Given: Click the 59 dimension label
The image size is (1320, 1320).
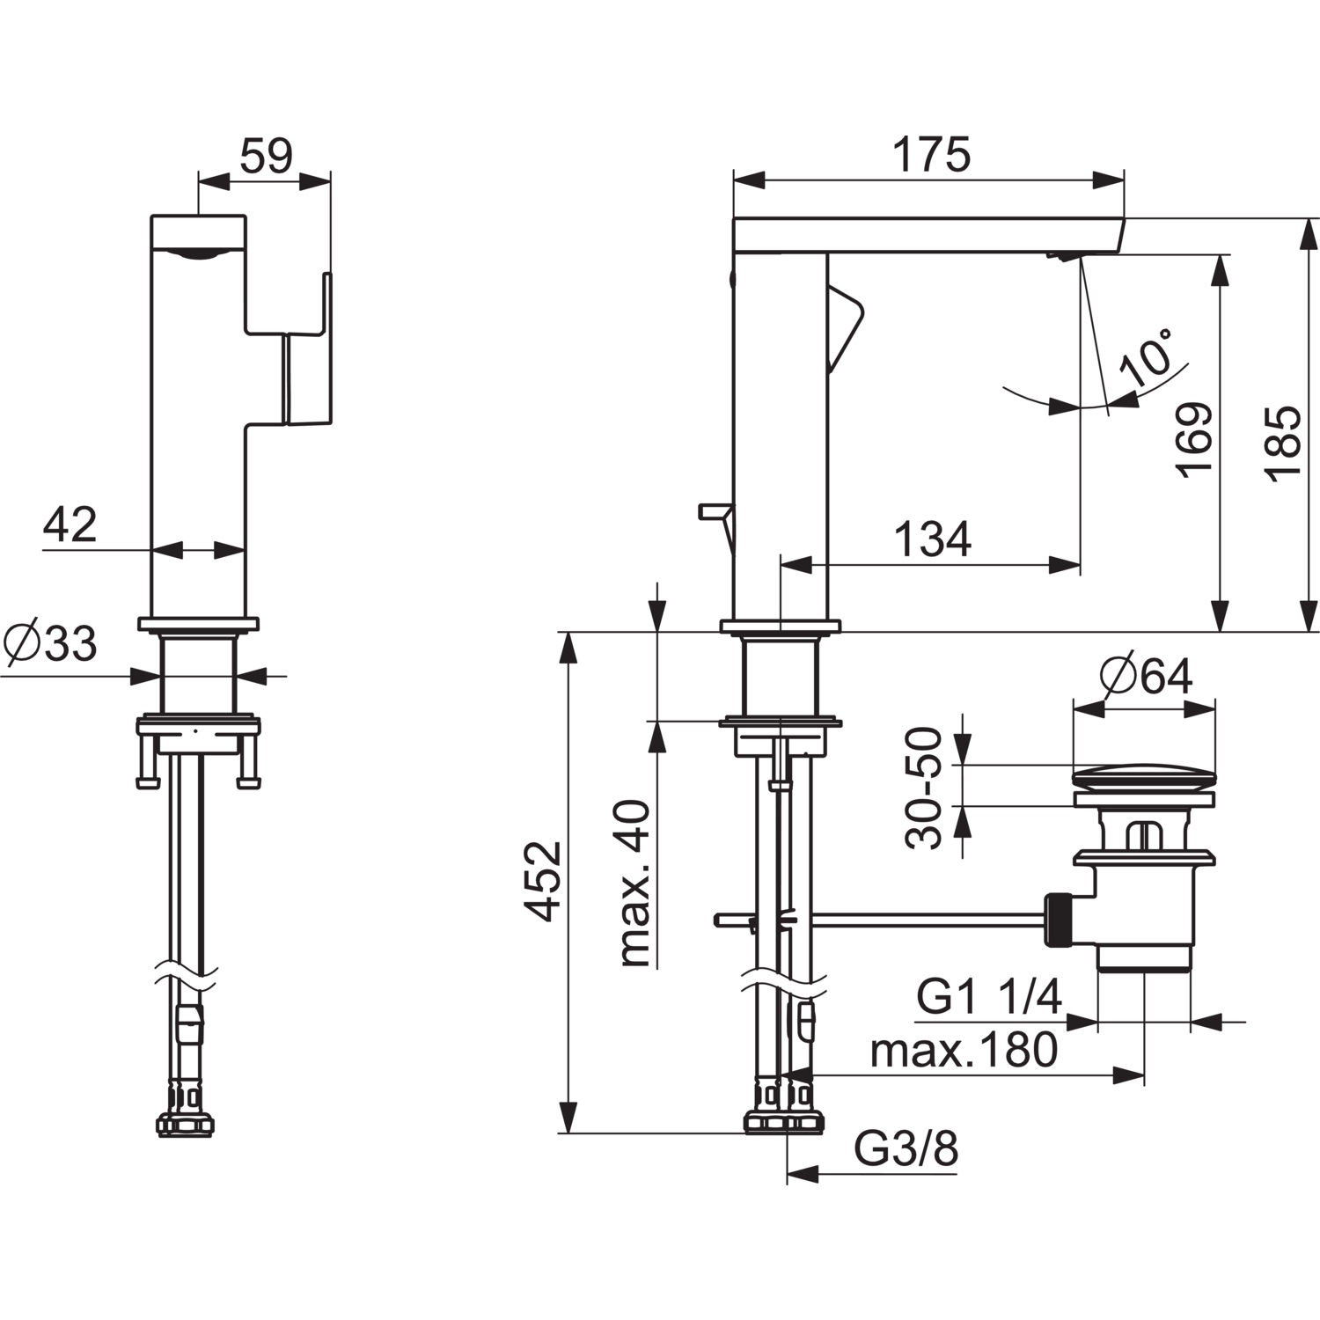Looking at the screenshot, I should (265, 156).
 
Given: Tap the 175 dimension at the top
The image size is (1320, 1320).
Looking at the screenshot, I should (931, 154).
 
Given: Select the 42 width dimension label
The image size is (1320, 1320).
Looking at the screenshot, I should (70, 524).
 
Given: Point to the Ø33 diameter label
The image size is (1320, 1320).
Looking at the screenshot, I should (50, 644).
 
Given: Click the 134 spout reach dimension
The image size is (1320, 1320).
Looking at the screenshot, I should (933, 539).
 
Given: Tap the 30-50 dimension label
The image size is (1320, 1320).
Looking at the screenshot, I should (924, 788).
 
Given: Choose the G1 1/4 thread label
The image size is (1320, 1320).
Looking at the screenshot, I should (989, 998).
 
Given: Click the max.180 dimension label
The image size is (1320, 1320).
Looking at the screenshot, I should (964, 1050).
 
